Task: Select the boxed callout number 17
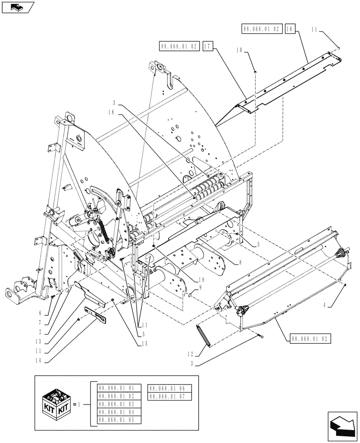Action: [208, 46]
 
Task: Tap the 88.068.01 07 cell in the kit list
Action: [169, 396]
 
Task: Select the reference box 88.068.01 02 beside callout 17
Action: [178, 46]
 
